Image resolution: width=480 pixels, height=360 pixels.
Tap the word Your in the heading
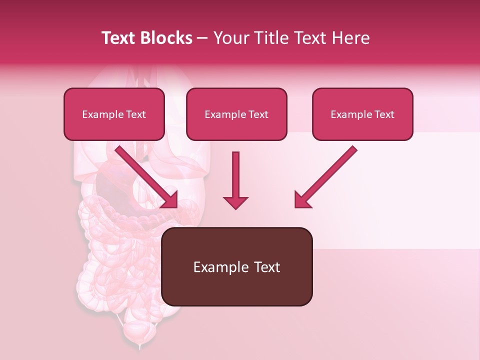pos(229,38)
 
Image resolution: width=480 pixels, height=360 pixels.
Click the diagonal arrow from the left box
pos(145,175)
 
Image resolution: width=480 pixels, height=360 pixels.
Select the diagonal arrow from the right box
pos(327,175)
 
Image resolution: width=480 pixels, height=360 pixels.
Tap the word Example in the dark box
pos(214,267)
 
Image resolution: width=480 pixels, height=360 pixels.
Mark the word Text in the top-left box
pos(136,114)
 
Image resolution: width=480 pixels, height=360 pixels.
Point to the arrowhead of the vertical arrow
pos(235,202)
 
